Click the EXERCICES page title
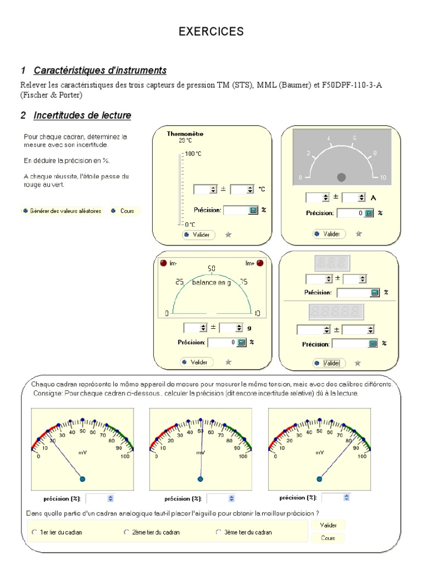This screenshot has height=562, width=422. (x=211, y=32)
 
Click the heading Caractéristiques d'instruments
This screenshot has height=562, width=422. (x=100, y=71)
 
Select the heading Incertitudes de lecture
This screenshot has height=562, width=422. (x=82, y=115)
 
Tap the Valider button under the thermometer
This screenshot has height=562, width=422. (x=199, y=234)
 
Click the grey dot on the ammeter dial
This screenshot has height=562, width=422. (x=341, y=177)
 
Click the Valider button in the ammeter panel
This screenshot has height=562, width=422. (x=328, y=234)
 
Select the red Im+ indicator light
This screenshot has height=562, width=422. (x=260, y=263)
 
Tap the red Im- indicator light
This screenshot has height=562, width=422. (x=163, y=263)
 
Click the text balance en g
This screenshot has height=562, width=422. (x=212, y=282)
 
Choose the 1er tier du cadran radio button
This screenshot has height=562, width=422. (x=35, y=532)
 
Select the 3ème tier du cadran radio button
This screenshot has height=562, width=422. (x=219, y=532)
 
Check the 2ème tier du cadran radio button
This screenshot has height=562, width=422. (x=127, y=532)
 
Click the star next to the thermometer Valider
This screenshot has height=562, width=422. (x=229, y=234)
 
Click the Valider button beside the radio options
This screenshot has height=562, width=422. (x=328, y=525)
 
